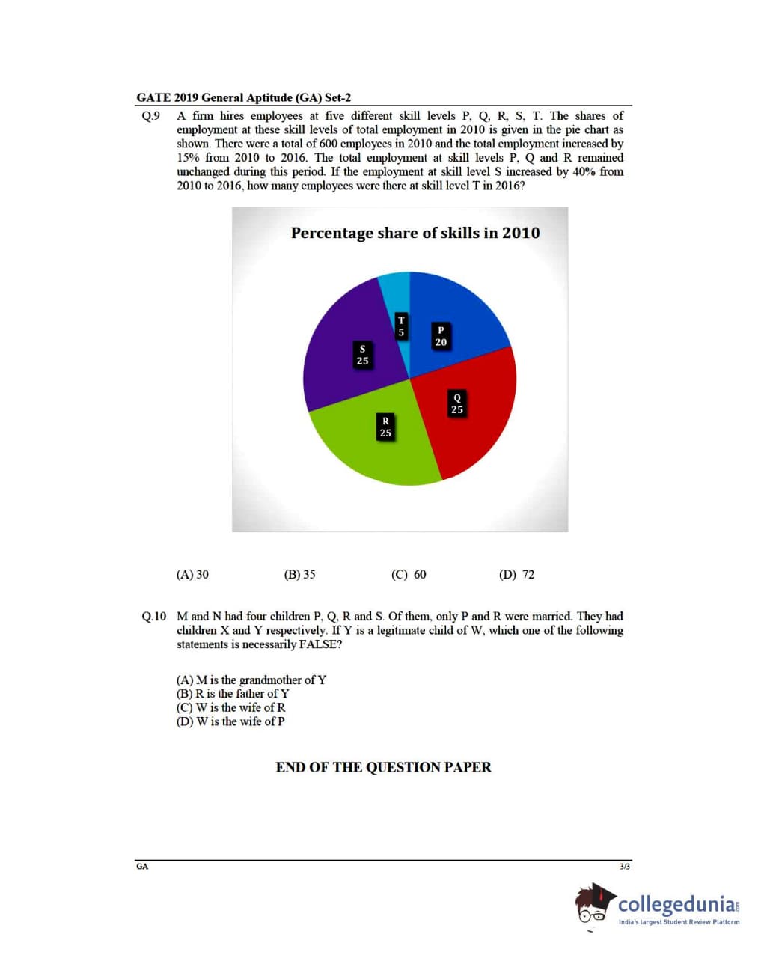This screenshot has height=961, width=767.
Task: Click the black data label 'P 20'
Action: (441, 336)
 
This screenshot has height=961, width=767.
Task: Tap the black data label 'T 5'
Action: (401, 326)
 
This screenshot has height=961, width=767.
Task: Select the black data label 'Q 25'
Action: (457, 403)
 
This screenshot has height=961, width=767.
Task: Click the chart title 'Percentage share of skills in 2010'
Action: (415, 233)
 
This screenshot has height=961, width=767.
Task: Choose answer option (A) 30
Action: (192, 575)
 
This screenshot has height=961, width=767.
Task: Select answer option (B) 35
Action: (299, 575)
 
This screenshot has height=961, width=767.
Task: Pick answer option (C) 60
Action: (409, 575)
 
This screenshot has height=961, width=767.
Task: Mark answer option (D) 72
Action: (516, 575)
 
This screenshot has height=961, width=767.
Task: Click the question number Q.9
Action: (150, 116)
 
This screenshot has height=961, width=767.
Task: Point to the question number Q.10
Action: (153, 617)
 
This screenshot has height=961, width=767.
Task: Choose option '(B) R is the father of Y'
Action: (233, 694)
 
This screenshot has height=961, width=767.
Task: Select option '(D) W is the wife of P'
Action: (230, 721)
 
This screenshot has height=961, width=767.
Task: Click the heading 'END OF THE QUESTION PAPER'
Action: (383, 767)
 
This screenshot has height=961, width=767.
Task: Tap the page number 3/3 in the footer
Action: (625, 867)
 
